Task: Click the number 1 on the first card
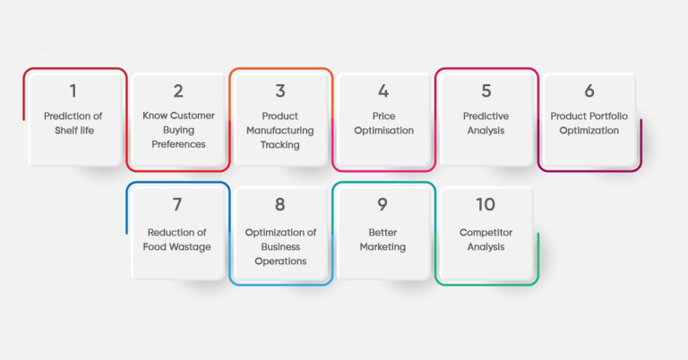pos(74,90)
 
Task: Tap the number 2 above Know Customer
pos(178,90)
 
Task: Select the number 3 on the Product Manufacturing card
pos(280,90)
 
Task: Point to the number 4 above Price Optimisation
pos(383,90)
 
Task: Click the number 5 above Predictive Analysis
pos(486,90)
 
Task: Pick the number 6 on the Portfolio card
pos(589,90)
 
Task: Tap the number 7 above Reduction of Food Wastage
pos(177,205)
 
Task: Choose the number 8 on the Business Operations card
pos(280,205)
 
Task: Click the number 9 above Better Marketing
pos(383,205)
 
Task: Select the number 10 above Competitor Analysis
pos(486,205)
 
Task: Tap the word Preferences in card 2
pos(178,145)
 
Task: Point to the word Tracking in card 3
pos(280,145)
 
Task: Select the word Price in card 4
pos(383,116)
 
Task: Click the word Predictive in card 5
pos(486,116)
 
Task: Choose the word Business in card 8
pos(280,247)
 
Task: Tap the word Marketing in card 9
pos(383,247)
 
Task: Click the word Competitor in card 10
pos(486,233)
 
